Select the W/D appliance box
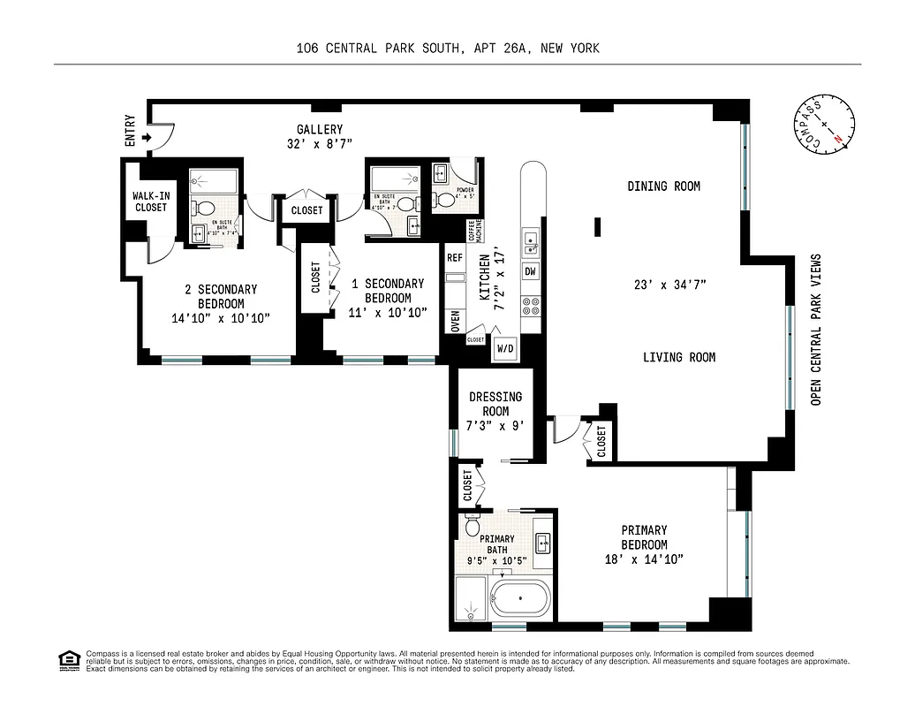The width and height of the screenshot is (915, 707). point(505,348)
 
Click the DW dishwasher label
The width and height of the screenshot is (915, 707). point(531,271)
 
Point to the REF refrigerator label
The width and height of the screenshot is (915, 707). point(455,258)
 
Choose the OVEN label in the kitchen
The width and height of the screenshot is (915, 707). point(455,321)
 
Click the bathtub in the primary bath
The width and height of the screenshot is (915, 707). point(521,600)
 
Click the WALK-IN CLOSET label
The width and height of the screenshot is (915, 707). point(150,201)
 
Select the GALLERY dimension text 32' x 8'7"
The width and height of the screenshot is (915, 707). point(319,143)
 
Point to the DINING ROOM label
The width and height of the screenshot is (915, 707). point(663,186)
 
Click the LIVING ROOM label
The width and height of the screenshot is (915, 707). point(678,357)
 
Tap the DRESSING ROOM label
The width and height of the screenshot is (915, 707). point(495,404)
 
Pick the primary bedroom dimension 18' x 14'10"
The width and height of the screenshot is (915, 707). point(643,559)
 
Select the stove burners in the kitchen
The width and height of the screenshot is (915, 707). point(532,307)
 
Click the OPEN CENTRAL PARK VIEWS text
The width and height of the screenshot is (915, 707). point(815,331)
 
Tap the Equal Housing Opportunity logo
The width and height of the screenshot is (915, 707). point(67,660)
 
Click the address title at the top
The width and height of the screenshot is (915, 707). point(448,49)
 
